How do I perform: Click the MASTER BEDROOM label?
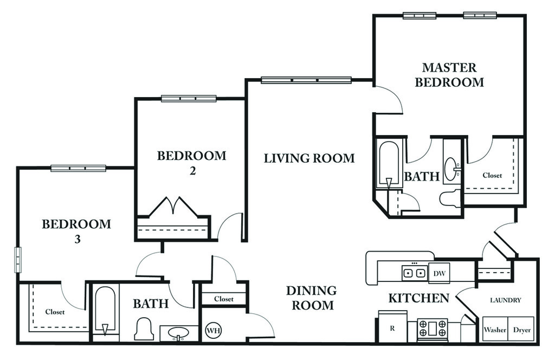point(449,75)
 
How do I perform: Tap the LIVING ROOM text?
point(309,158)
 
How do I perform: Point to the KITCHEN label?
point(418,298)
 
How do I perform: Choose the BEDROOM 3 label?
point(76,231)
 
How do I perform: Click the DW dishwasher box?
point(438,273)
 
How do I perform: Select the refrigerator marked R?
point(392,327)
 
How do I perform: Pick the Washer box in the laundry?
point(494,330)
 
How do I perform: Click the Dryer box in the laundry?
point(521,330)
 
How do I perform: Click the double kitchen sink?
point(414,273)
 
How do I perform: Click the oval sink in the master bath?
point(451,169)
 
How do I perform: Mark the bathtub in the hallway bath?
point(105,310)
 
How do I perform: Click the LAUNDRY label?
point(505,300)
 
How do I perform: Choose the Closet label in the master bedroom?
point(492,175)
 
